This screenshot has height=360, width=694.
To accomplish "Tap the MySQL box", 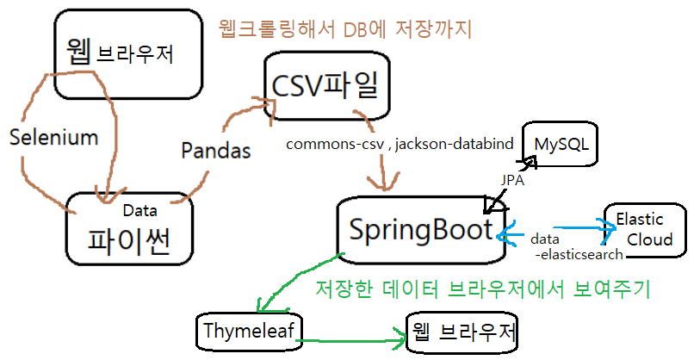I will [x=561, y=143].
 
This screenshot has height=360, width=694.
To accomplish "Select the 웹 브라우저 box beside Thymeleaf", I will [x=462, y=332].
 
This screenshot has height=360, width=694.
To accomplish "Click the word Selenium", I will [x=53, y=136].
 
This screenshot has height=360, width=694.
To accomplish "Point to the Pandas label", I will [x=216, y=150].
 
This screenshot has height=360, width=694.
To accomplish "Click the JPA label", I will [x=514, y=182].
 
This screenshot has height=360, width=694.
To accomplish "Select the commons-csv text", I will [x=336, y=144].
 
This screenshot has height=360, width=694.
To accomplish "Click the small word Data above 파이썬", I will [x=139, y=209].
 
